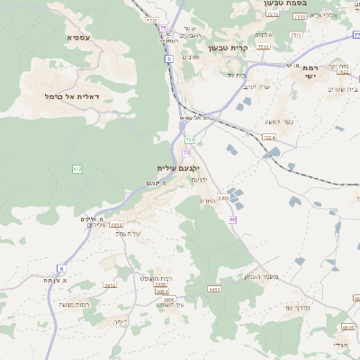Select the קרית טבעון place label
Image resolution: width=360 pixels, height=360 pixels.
coord(229,48)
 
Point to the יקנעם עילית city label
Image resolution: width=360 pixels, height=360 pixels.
coord(176,168)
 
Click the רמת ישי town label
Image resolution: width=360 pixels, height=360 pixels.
coord(310,73)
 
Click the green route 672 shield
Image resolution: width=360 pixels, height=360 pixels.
coord(77,168)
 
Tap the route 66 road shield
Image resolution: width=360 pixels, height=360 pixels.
coord(232,219)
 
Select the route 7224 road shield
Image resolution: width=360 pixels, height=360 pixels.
coord(269,137)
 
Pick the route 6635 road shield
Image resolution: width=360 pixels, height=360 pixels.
coord(347,328)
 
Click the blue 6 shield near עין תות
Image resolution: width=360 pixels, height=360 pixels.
coord(61,268)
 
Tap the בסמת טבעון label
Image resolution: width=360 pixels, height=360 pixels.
coord(289,4)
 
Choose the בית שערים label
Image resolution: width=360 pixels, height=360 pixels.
coord(341,88)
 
